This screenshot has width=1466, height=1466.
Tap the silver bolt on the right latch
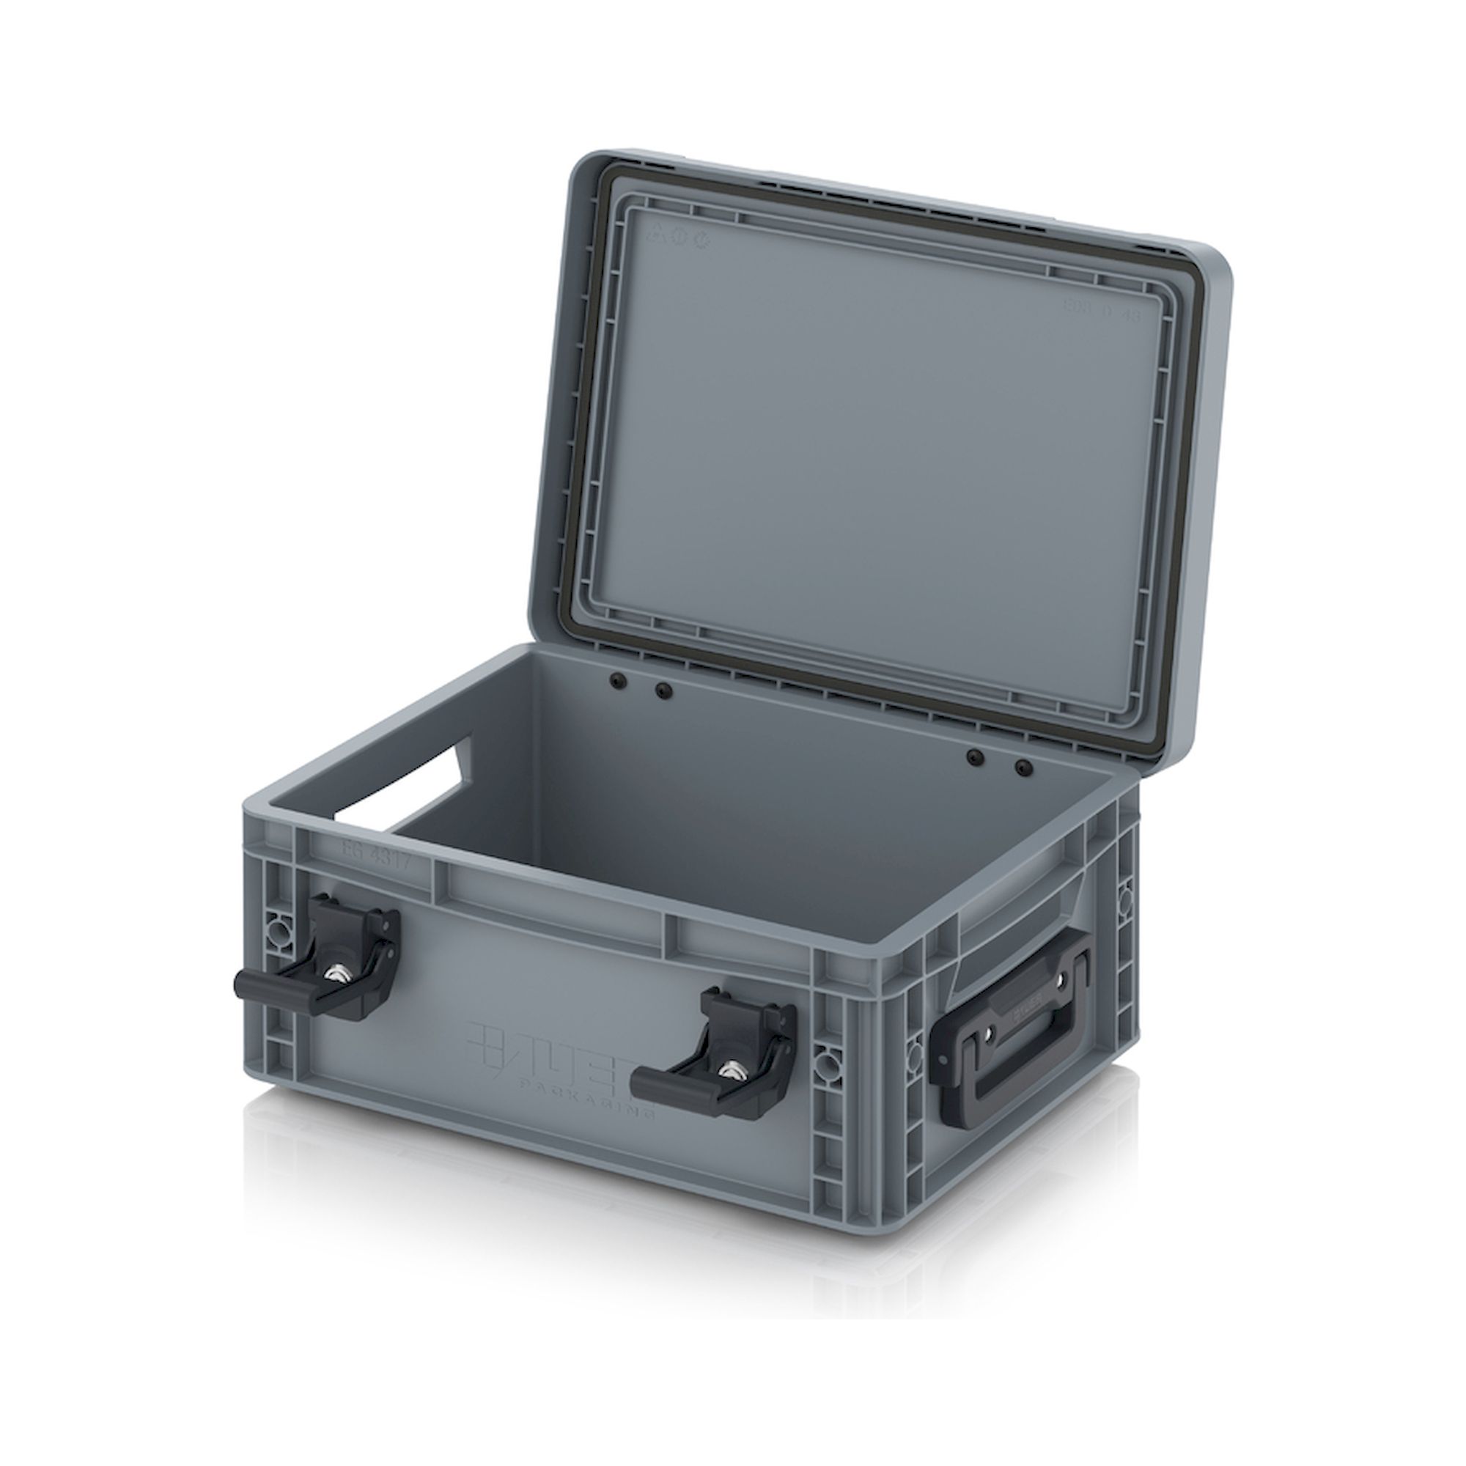tap(731, 1070)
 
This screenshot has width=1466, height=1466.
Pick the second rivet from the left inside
tap(664, 690)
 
